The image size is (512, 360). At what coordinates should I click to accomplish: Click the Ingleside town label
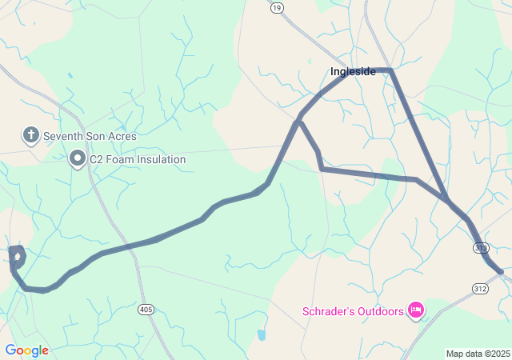[353, 72]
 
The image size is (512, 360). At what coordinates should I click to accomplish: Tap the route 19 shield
[277, 8]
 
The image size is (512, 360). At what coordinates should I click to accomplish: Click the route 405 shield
[146, 309]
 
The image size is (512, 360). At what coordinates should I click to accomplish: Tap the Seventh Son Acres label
[90, 136]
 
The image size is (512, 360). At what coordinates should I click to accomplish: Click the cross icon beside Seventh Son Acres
[30, 135]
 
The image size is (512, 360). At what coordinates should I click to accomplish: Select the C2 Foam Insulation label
[137, 159]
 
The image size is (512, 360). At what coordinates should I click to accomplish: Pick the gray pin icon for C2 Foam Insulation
[78, 158]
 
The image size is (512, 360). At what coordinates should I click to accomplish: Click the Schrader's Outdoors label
[353, 311]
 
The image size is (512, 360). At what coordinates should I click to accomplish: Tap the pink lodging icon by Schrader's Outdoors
[415, 310]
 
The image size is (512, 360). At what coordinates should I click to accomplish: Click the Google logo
[26, 350]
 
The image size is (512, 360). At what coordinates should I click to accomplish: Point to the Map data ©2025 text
[477, 354]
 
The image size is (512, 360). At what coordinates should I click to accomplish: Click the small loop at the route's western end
[17, 257]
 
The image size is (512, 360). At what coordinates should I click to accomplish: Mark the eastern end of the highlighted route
[502, 273]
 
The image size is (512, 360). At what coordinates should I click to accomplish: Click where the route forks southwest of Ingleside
[299, 122]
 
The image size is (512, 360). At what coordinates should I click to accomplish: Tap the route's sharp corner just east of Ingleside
[390, 70]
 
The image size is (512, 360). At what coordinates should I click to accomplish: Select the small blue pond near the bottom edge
[261, 334]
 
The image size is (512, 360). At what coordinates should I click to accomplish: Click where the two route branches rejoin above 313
[446, 198]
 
